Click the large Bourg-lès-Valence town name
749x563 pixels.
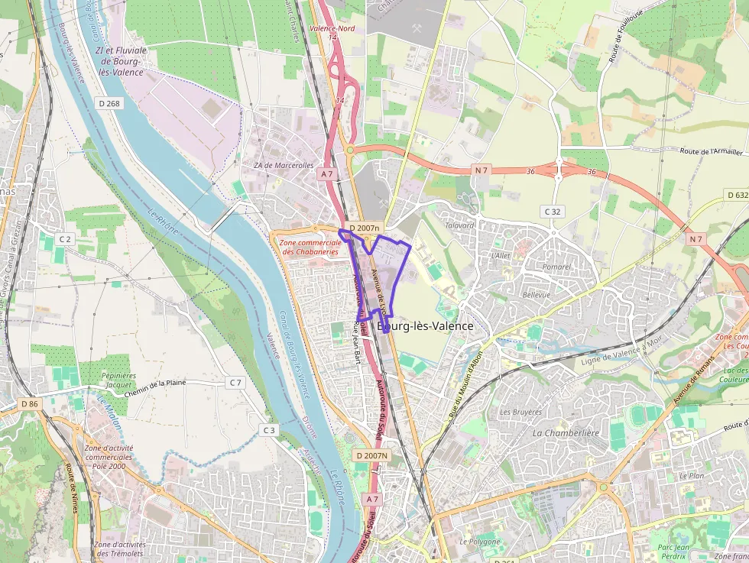tap(425, 326)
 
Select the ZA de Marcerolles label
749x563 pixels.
tap(284, 165)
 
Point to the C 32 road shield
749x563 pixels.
tap(552, 211)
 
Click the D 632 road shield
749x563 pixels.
tap(735, 196)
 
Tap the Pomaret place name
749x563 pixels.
tap(556, 267)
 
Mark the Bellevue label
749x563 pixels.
tap(536, 294)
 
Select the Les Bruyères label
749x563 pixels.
tap(520, 412)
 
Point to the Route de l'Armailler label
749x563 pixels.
tap(712, 151)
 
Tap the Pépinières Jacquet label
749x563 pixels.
tap(118, 380)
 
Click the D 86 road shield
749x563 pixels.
tap(29, 403)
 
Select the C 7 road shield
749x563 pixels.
tap(235, 382)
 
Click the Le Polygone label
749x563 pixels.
tap(479, 542)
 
